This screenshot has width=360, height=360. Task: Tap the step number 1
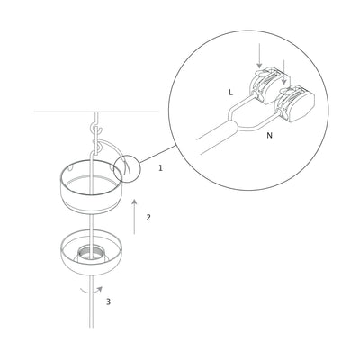click(x=160, y=168)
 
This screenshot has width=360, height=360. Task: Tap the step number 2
click(x=148, y=217)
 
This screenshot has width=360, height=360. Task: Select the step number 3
click(x=108, y=301)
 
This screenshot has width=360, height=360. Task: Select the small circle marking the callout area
click(x=128, y=168)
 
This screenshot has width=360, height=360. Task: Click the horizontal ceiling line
click(x=54, y=112)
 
